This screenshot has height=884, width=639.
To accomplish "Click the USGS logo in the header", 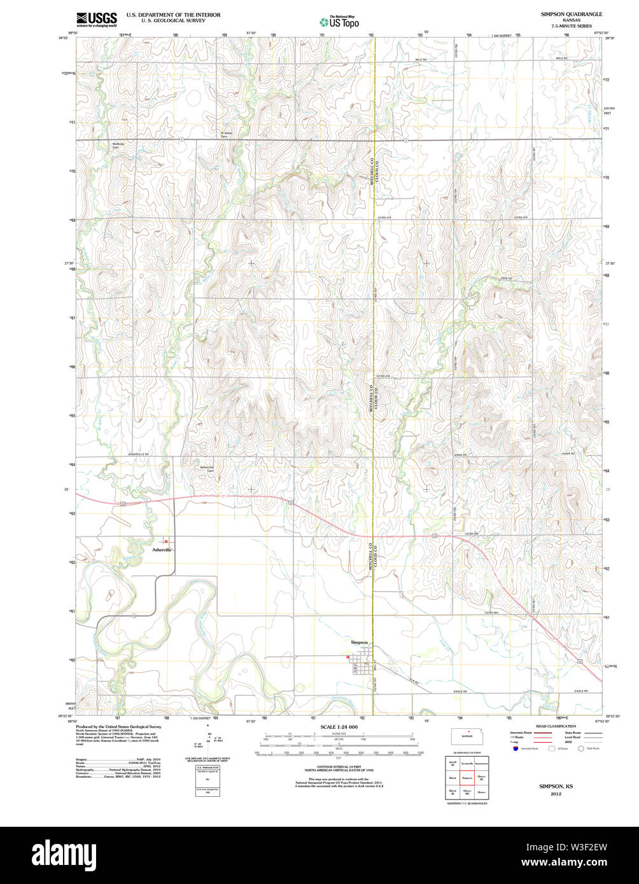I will click(x=96, y=19).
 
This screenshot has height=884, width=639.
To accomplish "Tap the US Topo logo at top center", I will click(x=339, y=21).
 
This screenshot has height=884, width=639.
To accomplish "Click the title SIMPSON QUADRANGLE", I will click(x=571, y=14).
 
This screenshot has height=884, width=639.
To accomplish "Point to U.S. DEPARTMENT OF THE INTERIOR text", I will click(x=173, y=14).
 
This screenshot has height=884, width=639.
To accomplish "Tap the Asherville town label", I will click(x=162, y=549).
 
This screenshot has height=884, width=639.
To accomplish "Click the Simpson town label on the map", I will click(x=360, y=642).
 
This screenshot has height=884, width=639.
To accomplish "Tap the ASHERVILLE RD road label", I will click(x=138, y=454).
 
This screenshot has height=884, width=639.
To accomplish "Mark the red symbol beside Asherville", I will click(x=166, y=542).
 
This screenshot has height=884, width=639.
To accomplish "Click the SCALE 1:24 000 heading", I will click(x=339, y=727).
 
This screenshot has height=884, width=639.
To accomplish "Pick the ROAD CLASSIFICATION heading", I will click(x=555, y=726).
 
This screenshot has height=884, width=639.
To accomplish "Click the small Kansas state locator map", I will click(x=470, y=735).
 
